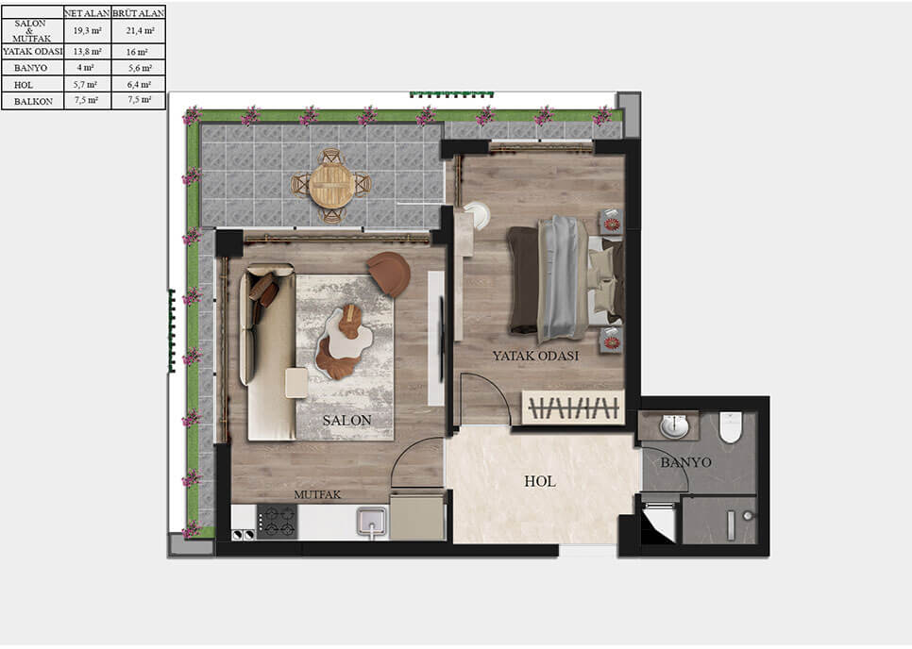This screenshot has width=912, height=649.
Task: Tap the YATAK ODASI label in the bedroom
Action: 535,356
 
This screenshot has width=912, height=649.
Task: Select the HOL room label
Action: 539,481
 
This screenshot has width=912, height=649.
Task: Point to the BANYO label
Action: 685,463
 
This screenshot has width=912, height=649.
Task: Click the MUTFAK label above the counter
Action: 316,493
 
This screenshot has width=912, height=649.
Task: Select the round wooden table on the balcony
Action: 330,185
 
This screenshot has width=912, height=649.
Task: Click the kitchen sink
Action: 372,520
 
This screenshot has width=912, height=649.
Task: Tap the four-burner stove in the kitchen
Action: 278,520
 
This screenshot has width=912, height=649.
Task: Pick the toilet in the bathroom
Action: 731,427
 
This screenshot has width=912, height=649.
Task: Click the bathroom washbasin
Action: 674,426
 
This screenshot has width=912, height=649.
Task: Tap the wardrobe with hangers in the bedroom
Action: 573,408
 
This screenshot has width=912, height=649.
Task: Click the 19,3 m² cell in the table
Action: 87,31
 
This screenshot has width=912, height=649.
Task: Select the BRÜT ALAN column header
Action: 138,12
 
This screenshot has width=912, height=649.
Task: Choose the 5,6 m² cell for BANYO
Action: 138,68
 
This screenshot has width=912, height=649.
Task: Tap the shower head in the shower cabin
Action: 746,516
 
